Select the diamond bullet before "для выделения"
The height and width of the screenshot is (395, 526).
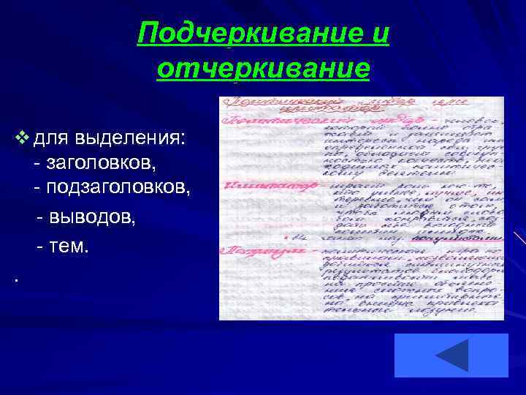coord(20,137)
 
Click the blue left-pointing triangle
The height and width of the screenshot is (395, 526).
coord(451,355)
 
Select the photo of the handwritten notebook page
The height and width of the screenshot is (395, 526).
coord(361,208)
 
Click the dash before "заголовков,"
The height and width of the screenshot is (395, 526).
coord(37,162)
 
